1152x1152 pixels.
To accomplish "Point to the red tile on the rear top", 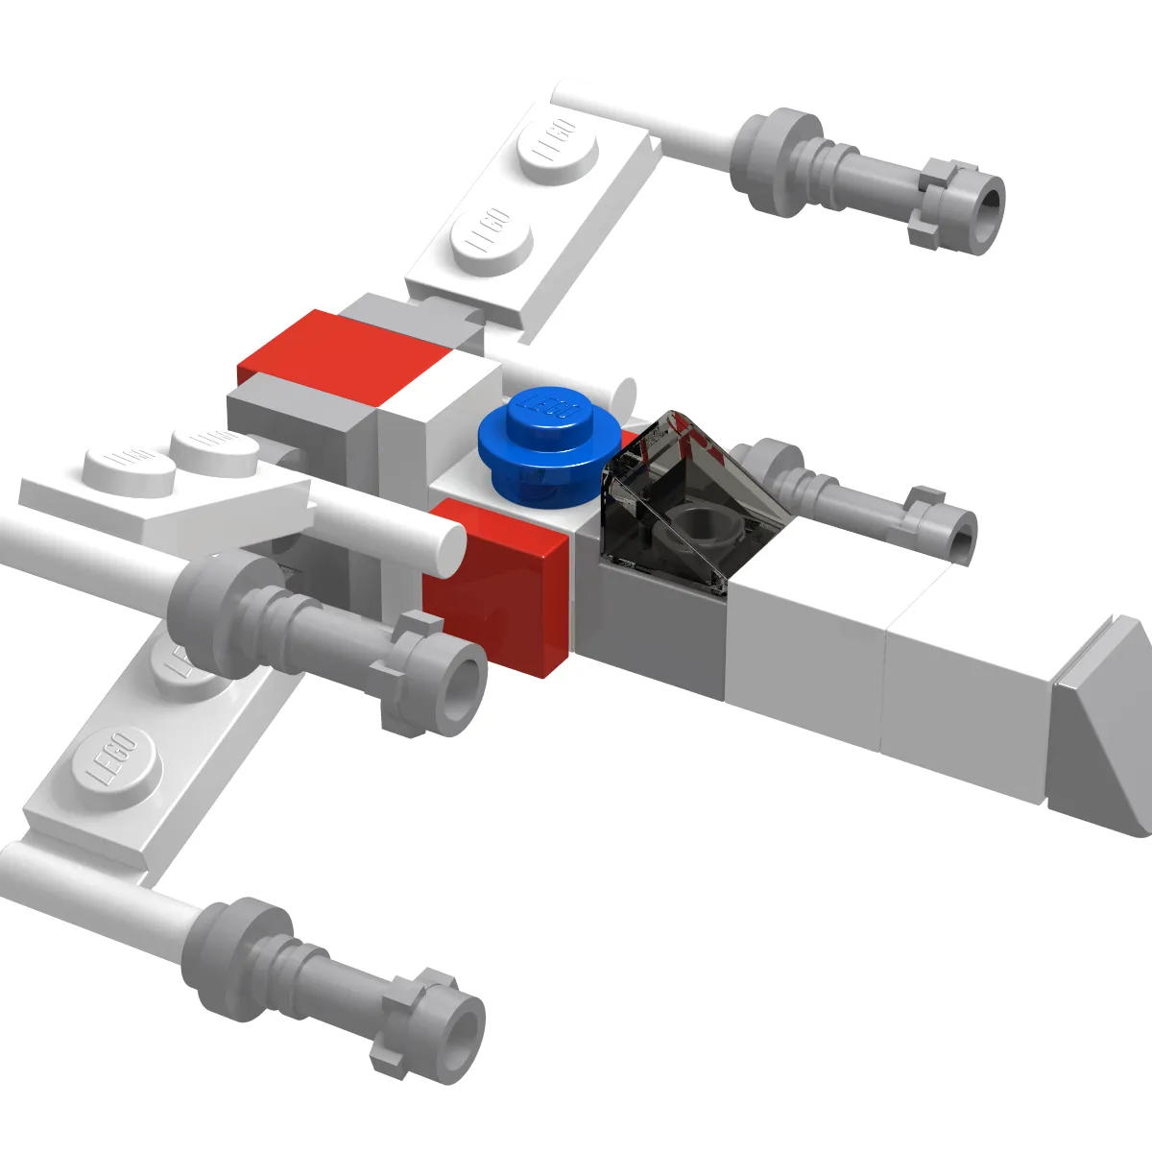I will (x=346, y=355).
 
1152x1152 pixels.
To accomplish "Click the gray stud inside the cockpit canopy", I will (x=708, y=528).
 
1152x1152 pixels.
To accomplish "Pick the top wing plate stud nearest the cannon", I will (x=557, y=149).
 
